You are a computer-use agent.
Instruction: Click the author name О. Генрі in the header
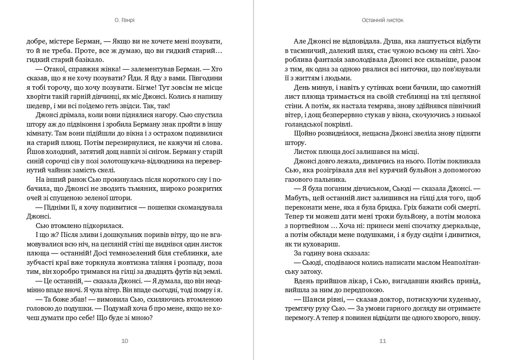click(x=125, y=20)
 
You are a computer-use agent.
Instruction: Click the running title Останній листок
click(x=382, y=20)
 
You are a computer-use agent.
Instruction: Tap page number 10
click(x=125, y=341)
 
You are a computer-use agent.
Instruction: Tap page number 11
click(x=382, y=341)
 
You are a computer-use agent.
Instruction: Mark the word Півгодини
click(x=206, y=79)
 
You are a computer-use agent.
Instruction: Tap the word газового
click(x=299, y=180)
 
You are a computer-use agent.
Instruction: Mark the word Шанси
click(x=315, y=299)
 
